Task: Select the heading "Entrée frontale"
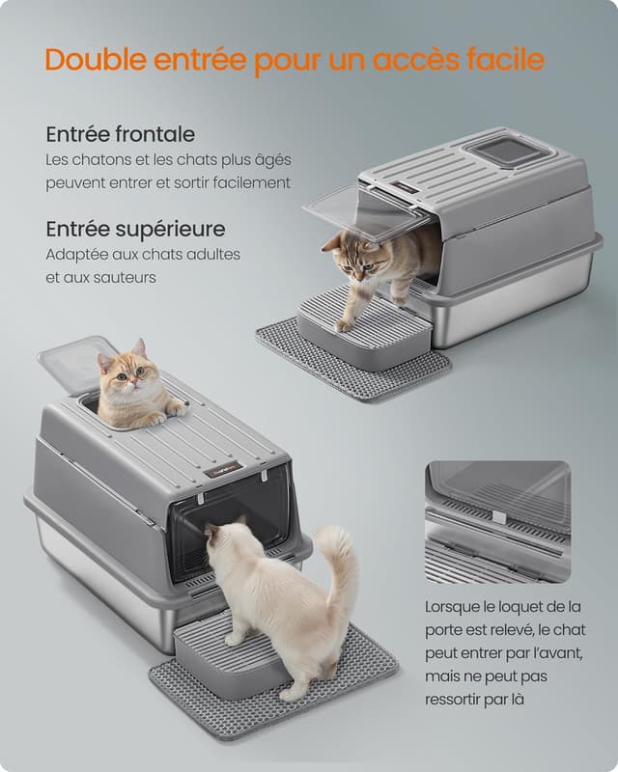120,134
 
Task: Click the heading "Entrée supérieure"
135,229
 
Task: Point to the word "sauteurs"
124,277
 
